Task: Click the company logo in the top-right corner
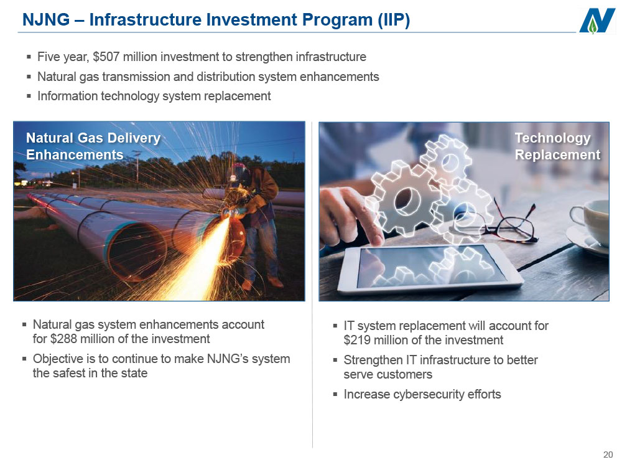point(597,21)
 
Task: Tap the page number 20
point(608,455)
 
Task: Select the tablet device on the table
point(430,267)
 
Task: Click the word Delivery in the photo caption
point(134,139)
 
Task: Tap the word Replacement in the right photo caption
point(557,154)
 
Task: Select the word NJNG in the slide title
point(46,19)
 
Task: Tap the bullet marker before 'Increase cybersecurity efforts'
point(335,395)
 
